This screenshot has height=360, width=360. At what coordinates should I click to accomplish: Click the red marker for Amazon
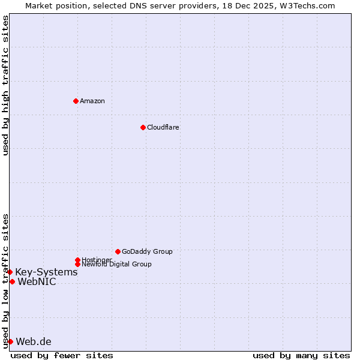coord(76,101)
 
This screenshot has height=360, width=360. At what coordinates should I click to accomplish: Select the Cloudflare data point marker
coord(143,127)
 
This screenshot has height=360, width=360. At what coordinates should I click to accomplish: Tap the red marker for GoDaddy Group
coord(118,251)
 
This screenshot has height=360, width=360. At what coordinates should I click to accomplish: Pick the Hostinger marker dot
coord(77,260)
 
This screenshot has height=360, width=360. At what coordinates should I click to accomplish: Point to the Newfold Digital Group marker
coord(77,264)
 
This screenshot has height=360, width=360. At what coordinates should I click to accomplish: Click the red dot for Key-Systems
coord(10,272)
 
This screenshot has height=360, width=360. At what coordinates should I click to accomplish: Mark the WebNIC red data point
coord(12,282)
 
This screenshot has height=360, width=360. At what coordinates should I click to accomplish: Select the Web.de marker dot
coord(10,342)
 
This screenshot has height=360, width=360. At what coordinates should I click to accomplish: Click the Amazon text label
coord(92,101)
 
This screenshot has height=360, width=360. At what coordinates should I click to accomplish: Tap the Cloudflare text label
coord(163,127)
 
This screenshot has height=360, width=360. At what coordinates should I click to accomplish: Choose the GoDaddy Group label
coord(147,251)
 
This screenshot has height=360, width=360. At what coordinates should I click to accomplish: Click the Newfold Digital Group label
coord(117,265)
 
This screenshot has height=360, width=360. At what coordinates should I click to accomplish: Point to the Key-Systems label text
coord(46,272)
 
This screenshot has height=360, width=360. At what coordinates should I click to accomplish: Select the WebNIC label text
coord(37,282)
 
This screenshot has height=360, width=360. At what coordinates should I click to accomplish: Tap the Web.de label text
coord(34,342)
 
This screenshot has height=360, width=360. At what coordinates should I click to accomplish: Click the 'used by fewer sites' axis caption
coord(62,355)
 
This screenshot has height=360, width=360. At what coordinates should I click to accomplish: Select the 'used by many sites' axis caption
coord(301,355)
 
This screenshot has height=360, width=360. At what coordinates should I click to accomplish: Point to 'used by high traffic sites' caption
coord(5,85)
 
